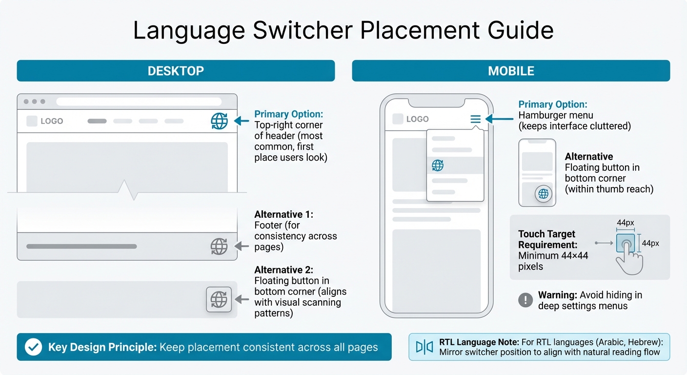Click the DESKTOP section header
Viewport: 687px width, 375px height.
tap(176, 71)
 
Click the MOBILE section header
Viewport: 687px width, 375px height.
tap(511, 71)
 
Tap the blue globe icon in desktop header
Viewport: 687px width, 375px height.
tap(219, 121)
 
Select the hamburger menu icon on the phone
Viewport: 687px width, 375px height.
tap(475, 119)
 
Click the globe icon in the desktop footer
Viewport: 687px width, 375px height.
tap(219, 247)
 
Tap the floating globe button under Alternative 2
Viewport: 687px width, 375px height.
tap(219, 299)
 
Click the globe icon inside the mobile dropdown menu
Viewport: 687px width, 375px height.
tap(438, 166)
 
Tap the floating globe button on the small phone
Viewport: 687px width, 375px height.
tap(543, 194)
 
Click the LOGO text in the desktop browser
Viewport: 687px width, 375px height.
tap(52, 121)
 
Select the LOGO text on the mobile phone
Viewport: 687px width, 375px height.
tap(417, 119)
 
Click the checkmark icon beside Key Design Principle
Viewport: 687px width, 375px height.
tap(33, 347)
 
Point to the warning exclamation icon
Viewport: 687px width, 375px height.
tap(525, 300)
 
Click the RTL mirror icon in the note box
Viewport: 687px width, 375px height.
tap(424, 347)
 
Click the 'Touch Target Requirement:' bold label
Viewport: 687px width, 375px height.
tap(547, 239)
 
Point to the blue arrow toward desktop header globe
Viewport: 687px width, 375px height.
tap(242, 121)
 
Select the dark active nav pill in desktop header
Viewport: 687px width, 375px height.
tap(97, 121)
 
